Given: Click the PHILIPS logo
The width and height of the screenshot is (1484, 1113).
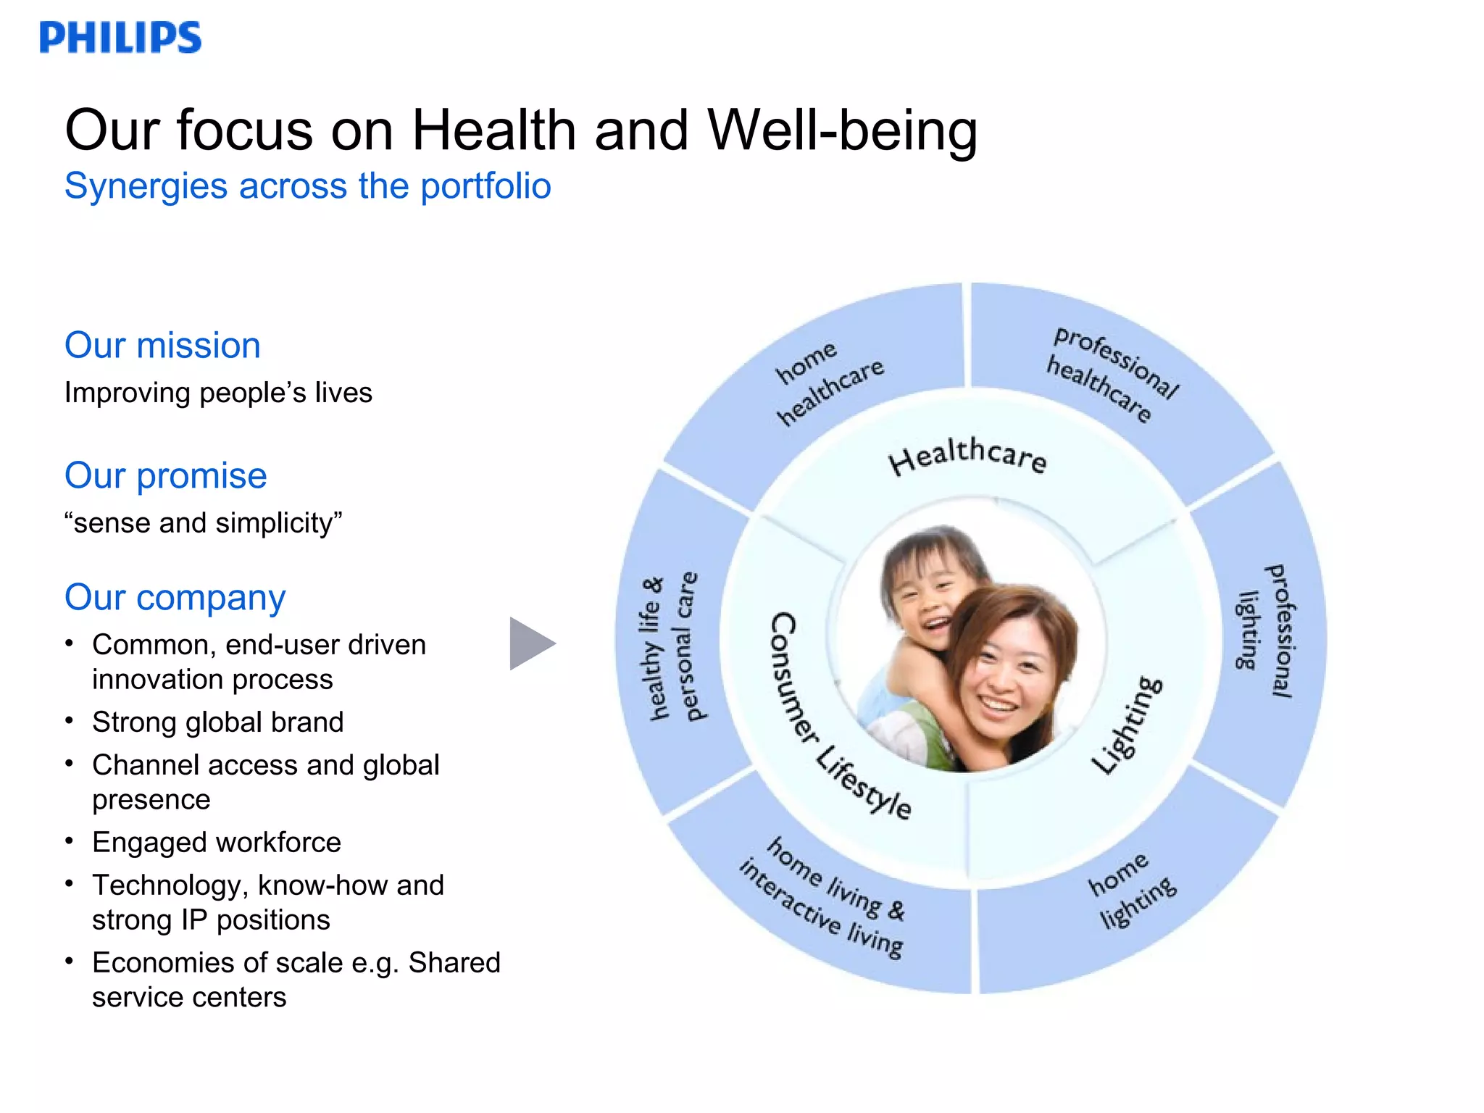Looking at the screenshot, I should [120, 37].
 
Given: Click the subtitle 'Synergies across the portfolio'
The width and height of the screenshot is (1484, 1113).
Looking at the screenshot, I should [307, 186].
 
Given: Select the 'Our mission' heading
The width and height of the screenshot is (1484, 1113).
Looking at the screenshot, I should [162, 345].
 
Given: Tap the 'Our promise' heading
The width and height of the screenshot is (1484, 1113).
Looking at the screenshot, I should [165, 475].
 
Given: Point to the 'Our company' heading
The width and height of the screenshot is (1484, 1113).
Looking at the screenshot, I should [175, 597].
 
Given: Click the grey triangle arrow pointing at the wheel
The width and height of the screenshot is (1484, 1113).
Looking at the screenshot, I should [530, 643].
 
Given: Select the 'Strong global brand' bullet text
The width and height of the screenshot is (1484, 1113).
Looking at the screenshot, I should [217, 722].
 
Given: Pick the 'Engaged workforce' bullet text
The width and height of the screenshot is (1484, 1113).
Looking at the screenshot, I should [216, 842].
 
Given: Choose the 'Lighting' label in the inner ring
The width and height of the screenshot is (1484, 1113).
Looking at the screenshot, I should [1127, 725].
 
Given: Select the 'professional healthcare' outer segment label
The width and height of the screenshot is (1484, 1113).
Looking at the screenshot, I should [1109, 374].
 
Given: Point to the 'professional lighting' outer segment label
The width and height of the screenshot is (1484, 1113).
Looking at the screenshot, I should [1264, 630].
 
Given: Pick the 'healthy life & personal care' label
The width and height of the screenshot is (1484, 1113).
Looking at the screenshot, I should [670, 648].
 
